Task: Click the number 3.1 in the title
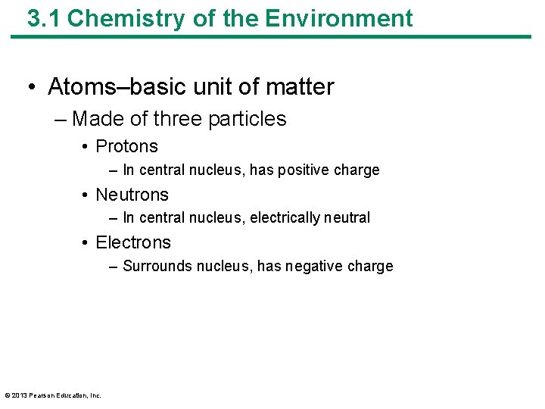click(44, 18)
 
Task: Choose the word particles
click(253, 119)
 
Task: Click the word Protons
click(127, 146)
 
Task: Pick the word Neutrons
click(132, 195)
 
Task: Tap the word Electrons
click(133, 242)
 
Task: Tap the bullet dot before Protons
click(86, 147)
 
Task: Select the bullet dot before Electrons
click(86, 243)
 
